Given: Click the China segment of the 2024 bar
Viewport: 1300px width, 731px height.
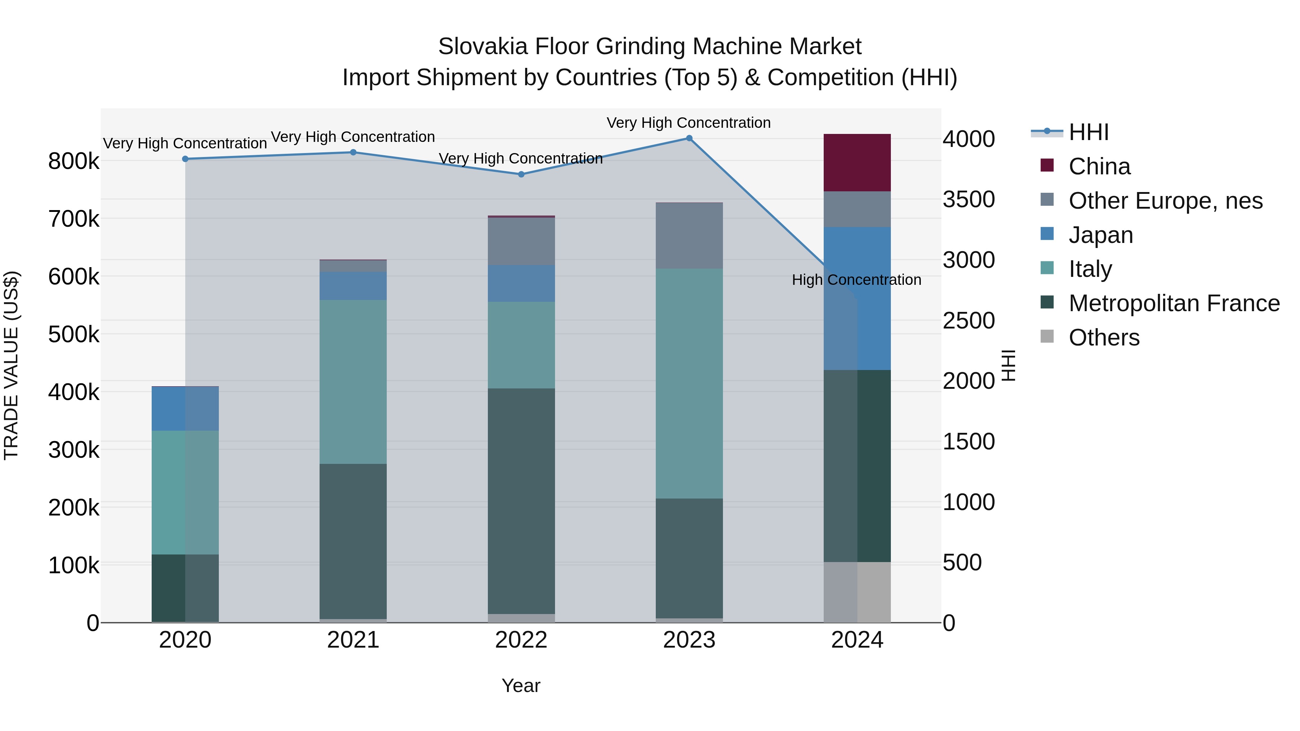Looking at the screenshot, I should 857,162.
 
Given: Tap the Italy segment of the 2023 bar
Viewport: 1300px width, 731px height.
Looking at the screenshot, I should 689,383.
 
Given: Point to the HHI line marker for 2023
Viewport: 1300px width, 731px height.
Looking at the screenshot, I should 689,138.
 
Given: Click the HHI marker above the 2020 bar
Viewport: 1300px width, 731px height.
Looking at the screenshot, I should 185,159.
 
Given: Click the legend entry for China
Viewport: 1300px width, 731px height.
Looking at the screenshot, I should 1099,166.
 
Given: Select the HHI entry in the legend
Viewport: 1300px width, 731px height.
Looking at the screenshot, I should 1088,132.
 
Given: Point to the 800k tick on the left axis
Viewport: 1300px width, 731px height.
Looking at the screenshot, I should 74,162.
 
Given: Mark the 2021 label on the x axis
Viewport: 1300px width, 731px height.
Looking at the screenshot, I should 353,640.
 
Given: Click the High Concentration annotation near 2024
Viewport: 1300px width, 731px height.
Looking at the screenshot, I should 857,280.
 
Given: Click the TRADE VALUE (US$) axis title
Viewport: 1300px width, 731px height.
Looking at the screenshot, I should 11,365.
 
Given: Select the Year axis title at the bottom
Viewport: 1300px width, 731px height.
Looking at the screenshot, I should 521,686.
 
